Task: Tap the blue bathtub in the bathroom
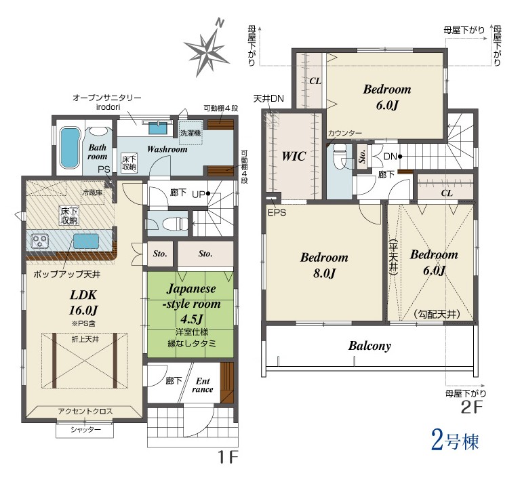click(70, 148)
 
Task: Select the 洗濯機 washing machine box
click(190, 133)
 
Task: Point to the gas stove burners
click(39, 240)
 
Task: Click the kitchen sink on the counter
click(86, 240)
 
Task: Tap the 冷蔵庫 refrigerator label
click(92, 193)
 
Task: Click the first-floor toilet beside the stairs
click(175, 224)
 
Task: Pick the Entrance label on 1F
click(203, 385)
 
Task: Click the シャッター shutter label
click(85, 430)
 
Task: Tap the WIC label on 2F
click(294, 156)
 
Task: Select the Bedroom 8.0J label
click(324, 265)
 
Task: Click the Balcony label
click(369, 346)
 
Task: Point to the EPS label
click(277, 212)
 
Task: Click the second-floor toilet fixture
click(340, 157)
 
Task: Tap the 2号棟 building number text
click(455, 441)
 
